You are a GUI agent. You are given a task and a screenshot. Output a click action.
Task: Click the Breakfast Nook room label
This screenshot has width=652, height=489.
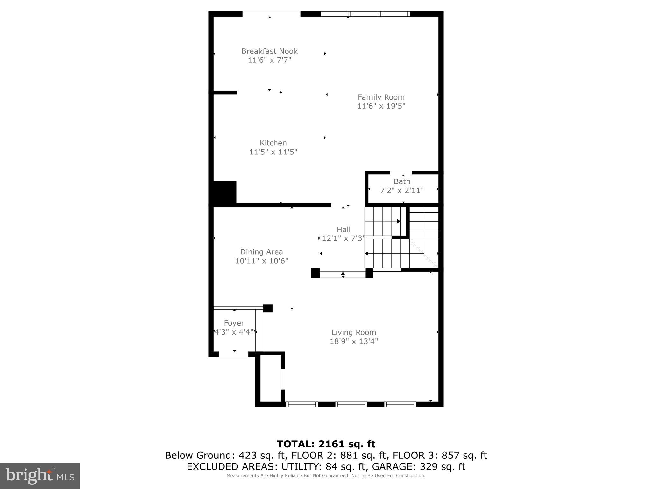(269, 51)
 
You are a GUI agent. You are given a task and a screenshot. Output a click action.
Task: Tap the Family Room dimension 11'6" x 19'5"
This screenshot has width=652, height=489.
(381, 106)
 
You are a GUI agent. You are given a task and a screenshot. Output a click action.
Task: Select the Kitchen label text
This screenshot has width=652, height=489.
(273, 143)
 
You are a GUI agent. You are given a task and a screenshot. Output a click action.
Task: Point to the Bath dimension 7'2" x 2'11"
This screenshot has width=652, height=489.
(402, 190)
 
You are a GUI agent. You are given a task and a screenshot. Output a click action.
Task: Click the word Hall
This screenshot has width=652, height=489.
(344, 230)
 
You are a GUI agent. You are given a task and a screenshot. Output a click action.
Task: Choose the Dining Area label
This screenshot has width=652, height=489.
(261, 252)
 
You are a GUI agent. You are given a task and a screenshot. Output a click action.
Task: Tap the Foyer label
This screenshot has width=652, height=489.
(234, 323)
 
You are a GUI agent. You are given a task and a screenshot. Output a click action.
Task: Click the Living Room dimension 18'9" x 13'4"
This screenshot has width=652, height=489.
(354, 341)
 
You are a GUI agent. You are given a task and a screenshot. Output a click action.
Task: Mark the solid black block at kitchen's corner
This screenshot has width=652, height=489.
(224, 192)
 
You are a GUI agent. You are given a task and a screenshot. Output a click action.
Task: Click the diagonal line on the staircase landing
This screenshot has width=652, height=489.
(424, 253)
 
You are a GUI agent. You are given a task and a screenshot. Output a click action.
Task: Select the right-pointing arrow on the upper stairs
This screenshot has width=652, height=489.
(399, 221)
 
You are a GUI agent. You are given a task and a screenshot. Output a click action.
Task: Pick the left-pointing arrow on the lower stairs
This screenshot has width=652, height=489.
(367, 254)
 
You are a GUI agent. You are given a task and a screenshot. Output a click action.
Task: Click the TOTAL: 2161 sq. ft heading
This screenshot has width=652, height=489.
(326, 444)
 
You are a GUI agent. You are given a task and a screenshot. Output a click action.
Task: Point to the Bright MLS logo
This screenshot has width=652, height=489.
(40, 476)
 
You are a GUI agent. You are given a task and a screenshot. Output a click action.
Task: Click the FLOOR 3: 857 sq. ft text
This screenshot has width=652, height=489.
(440, 456)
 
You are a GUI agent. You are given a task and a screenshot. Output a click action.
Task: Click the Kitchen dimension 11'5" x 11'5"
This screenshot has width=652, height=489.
(273, 152)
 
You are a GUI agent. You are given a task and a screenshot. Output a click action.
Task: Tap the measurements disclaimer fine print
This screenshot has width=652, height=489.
(326, 476)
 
